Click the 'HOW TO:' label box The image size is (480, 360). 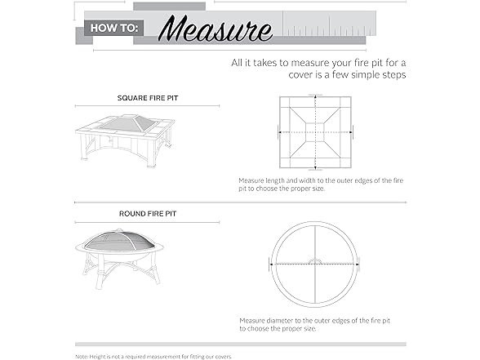(114, 28)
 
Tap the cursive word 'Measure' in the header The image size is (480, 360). (216, 29)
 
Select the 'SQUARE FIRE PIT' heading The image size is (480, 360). (148, 98)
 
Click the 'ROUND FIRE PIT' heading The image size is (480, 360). (148, 214)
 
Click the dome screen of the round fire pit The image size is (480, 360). (119, 241)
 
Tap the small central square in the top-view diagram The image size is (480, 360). (315, 132)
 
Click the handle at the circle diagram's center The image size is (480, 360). (315, 261)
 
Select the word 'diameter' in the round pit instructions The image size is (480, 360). (280, 321)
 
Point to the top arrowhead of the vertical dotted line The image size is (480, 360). (315, 96)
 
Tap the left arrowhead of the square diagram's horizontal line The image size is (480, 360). (280, 132)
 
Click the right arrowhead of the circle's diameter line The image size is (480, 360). (358, 264)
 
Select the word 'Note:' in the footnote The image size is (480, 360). (82, 357)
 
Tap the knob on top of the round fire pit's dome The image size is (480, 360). (119, 229)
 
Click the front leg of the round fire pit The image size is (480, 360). (100, 276)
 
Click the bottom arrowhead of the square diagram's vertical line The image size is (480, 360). (315, 168)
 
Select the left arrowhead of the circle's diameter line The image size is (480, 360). (272, 264)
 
